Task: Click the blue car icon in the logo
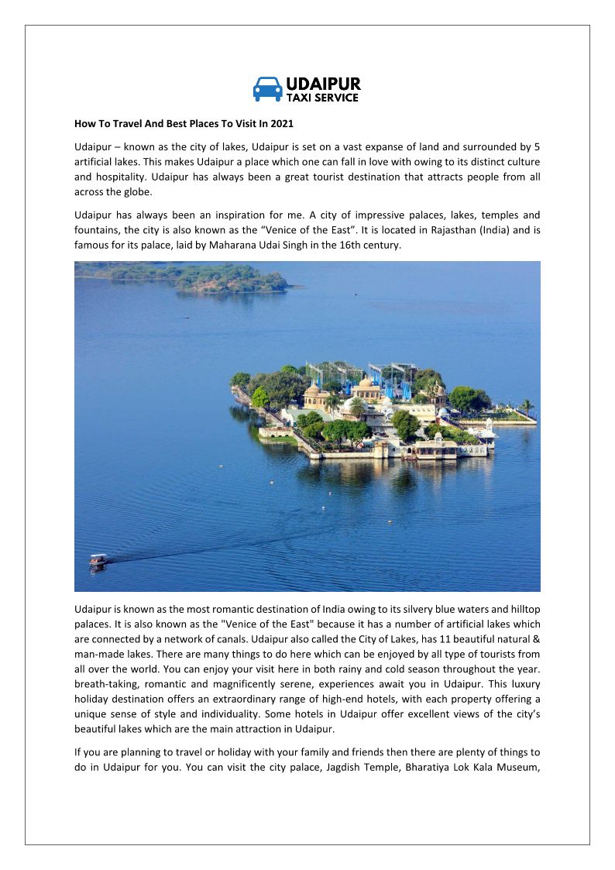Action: (x=267, y=89)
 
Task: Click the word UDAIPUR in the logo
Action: (x=323, y=84)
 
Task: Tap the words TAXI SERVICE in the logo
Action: (x=322, y=98)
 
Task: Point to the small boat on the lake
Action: (x=98, y=559)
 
